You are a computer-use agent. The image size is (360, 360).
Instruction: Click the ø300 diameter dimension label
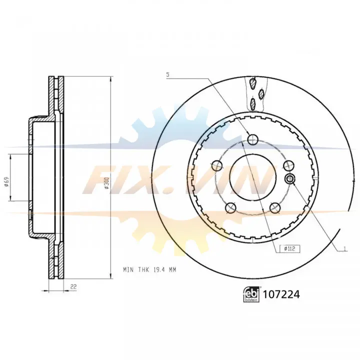[x=107, y=183]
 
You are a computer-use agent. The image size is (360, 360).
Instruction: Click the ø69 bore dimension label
[x=6, y=181]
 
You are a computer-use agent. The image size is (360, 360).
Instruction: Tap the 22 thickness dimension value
[x=73, y=286]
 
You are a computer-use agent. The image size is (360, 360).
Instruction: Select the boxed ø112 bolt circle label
[x=289, y=248]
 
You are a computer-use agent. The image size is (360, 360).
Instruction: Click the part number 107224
[x=281, y=294]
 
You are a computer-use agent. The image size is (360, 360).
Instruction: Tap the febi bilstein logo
[x=251, y=294]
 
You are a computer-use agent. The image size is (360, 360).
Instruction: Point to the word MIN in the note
[x=128, y=270]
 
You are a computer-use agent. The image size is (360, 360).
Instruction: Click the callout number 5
[x=168, y=74]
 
